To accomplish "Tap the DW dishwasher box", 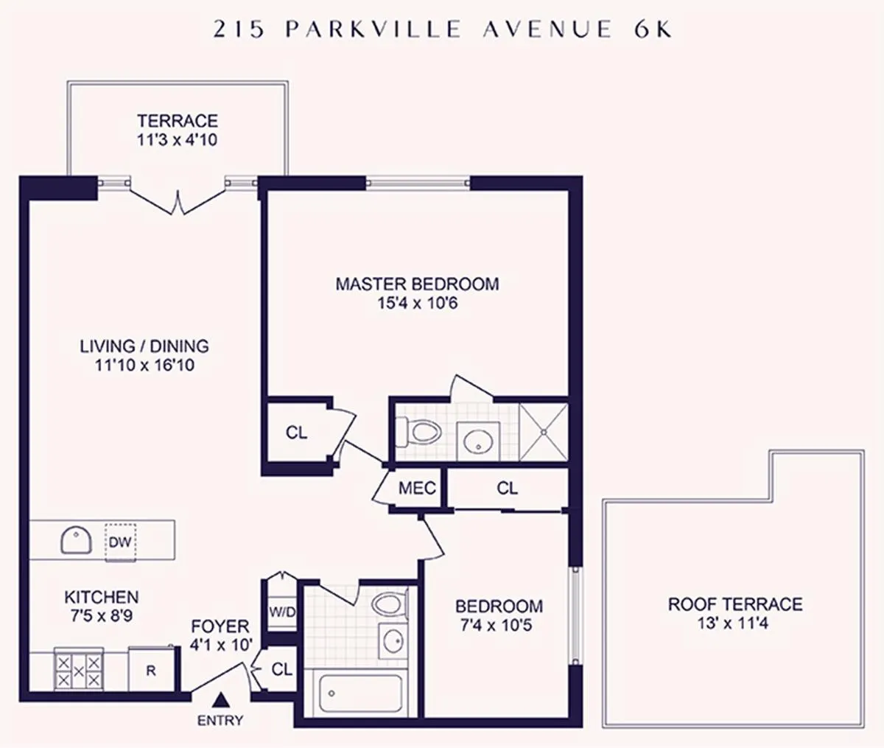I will coord(119,542).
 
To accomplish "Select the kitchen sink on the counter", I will coord(76,541).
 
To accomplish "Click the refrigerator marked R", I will coord(151,670).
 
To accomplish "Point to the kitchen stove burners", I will coord(78,671).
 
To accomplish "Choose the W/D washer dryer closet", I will coord(279,611).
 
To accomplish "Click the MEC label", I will coord(417,489).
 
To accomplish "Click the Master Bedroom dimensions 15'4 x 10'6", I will coord(417,303).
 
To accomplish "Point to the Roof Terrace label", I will coord(734,604).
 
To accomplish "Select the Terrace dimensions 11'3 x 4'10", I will coord(177,139).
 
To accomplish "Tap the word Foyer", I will coord(220,626).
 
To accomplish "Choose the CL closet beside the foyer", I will coord(281,669).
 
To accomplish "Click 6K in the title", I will coord(650,29).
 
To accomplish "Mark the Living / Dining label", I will coord(144,346).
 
